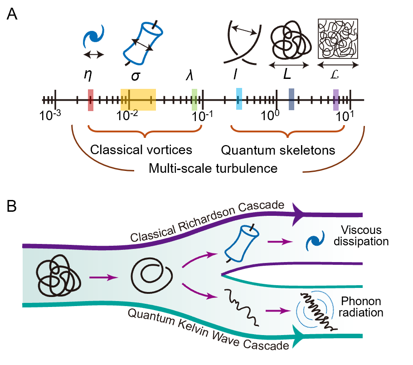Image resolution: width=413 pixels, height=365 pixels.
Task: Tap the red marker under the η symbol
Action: (x=90, y=100)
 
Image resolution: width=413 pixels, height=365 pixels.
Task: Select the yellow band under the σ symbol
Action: (x=138, y=100)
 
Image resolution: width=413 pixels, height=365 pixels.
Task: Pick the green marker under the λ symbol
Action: (x=194, y=99)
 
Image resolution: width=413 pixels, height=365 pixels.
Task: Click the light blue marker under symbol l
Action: (x=239, y=99)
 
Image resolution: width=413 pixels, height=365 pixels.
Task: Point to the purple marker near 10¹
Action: (x=336, y=100)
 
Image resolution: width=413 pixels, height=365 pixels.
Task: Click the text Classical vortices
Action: (x=141, y=150)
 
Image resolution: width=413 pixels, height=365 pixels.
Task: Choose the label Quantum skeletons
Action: (x=278, y=150)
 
